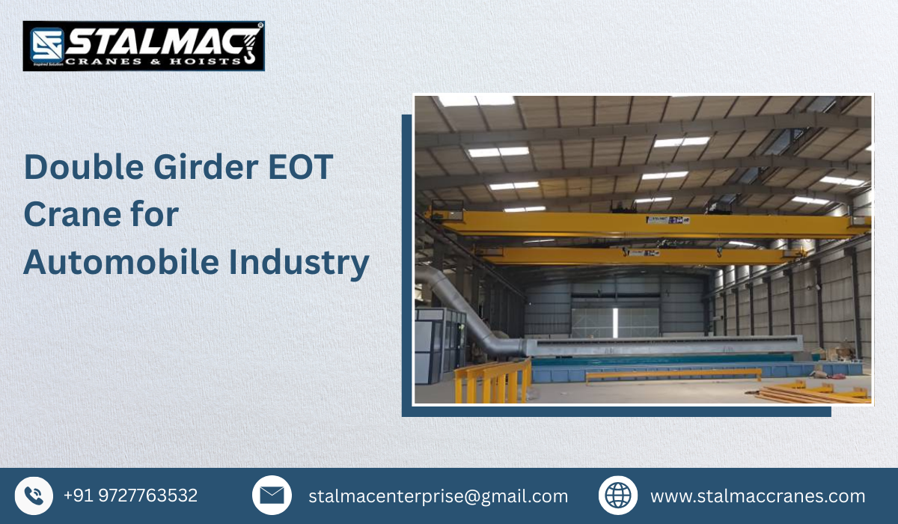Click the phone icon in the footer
pos(34,496)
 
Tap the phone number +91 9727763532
pos(130,496)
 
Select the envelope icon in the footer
pos(272,496)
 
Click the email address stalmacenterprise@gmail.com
pos(438,496)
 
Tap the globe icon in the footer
pos(618,496)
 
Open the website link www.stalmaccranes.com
pos(757,496)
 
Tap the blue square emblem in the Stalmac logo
pos(44,46)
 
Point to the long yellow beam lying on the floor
pos(673,373)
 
